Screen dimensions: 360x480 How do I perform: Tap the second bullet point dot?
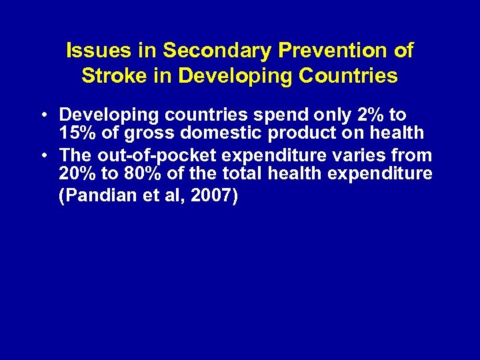point(43,156)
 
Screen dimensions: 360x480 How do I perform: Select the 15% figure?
point(78,133)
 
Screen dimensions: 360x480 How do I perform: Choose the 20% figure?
point(78,175)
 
